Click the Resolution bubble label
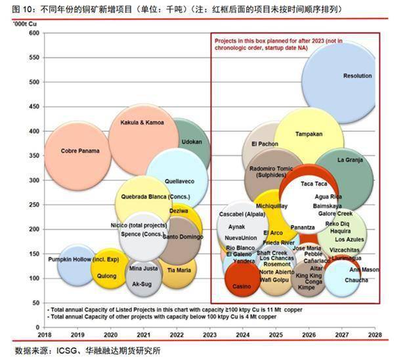tap(357, 76)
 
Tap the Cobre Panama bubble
tap(80, 151)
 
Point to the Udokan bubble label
tap(192, 141)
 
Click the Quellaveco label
tap(179, 180)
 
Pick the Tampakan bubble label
tap(309, 134)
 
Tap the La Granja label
tap(350, 160)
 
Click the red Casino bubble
tap(242, 286)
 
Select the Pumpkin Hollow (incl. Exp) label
tap(79, 260)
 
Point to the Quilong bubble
tap(106, 276)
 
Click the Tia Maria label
tap(179, 270)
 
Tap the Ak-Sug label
tap(142, 284)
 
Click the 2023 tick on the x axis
tap(210, 334)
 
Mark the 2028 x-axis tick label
tap(375, 334)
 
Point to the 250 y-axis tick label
tap(33, 205)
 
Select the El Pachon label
tap(265, 144)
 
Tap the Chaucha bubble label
tap(356, 280)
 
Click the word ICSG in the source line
tap(69, 351)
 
